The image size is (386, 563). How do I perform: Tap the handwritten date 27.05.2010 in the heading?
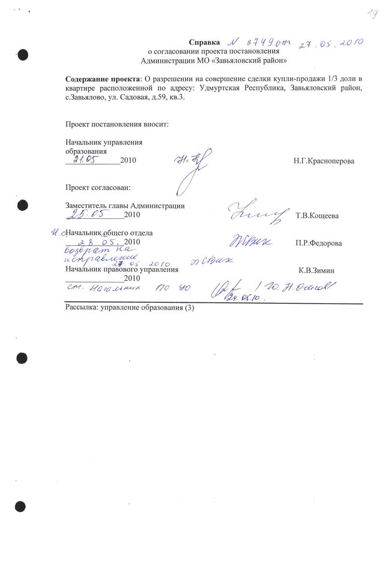pyautogui.click(x=331, y=44)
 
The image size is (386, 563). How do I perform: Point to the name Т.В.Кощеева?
pyautogui.click(x=317, y=216)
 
